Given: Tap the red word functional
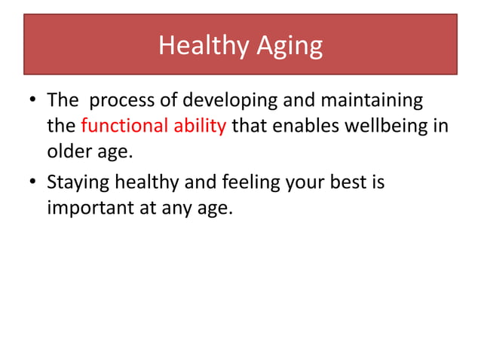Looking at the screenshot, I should click(121, 125).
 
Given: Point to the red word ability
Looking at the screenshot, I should click(196, 125).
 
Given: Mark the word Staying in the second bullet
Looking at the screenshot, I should click(78, 182).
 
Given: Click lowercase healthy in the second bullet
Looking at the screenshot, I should click(146, 182).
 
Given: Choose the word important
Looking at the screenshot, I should click(89, 206).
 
